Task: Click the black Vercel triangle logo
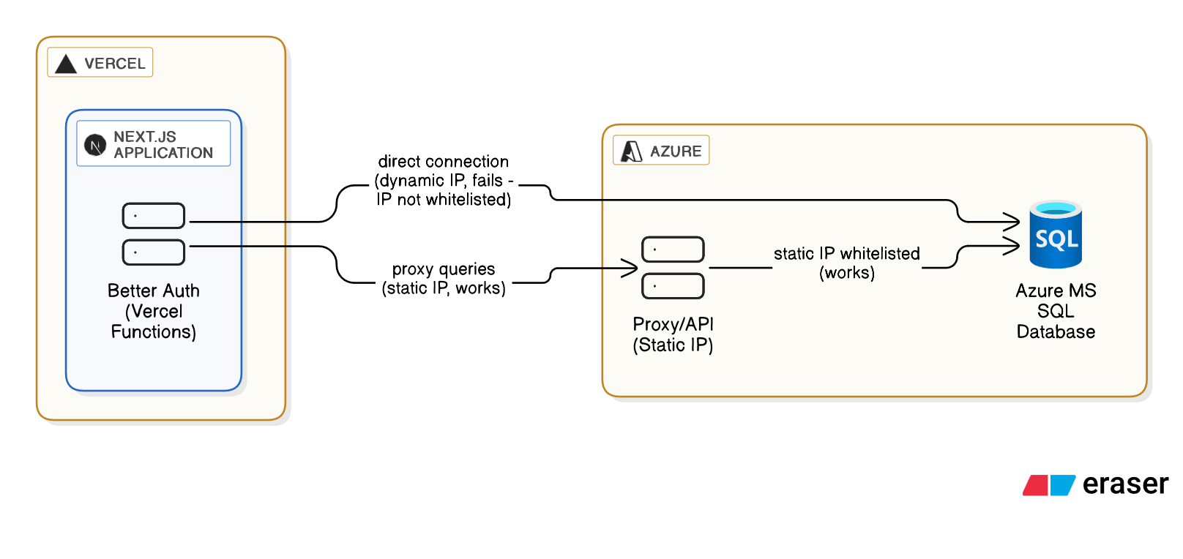(x=66, y=64)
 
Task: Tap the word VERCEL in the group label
(x=115, y=64)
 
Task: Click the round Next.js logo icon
(x=95, y=145)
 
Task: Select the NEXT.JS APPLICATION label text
(x=163, y=145)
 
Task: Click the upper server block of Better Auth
(x=154, y=216)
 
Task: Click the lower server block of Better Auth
(x=154, y=252)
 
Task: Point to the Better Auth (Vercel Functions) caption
(x=154, y=311)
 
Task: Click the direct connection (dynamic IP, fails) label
(x=444, y=181)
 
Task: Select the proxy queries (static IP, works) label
(x=444, y=279)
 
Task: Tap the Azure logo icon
(x=631, y=151)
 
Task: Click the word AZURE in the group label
(x=676, y=151)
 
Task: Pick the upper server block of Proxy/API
(x=673, y=250)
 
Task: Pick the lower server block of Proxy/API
(x=673, y=286)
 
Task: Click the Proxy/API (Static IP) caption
(x=673, y=334)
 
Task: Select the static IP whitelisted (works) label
(x=847, y=263)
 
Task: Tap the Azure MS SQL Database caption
(x=1056, y=311)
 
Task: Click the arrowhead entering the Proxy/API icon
(x=631, y=269)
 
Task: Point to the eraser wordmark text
(x=1125, y=484)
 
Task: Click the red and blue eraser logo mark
(x=1049, y=485)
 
